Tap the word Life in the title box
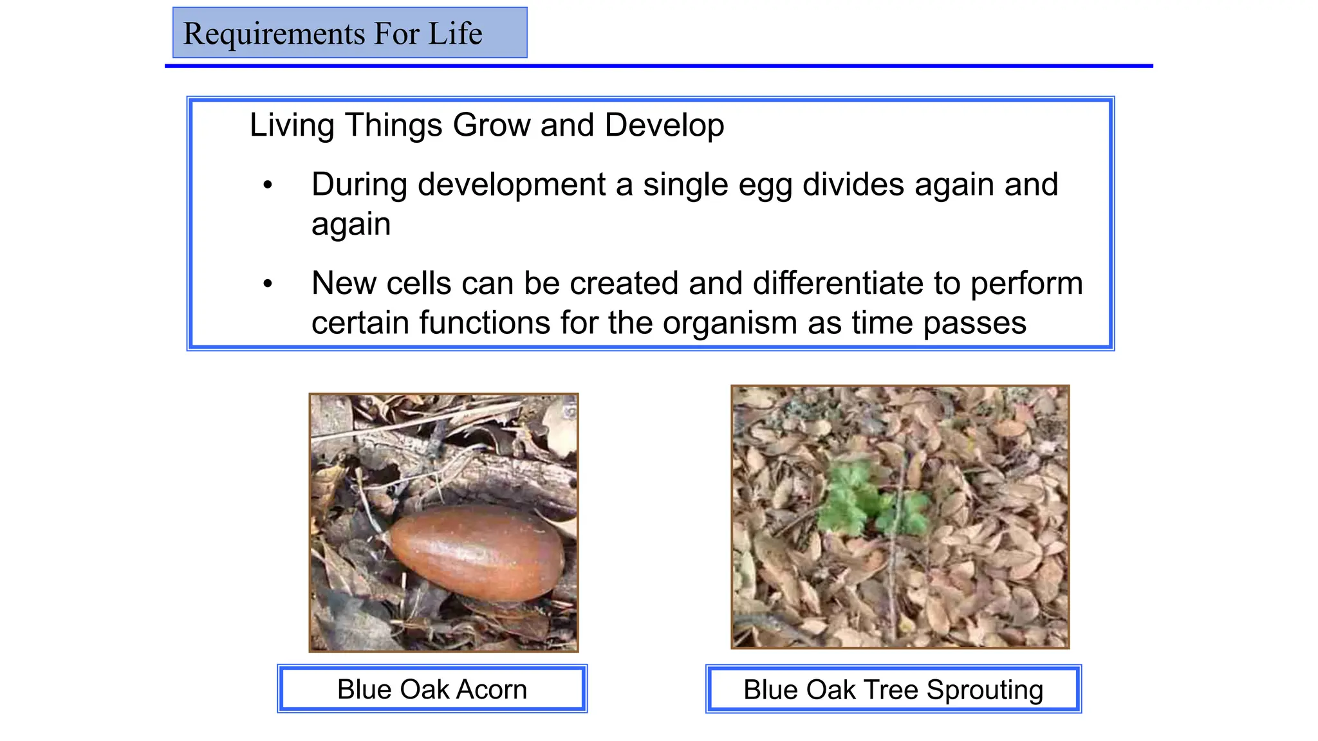click(x=455, y=33)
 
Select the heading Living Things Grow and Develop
click(x=487, y=125)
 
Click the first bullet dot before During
click(x=268, y=186)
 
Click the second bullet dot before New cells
click(x=268, y=284)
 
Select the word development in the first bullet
click(x=512, y=185)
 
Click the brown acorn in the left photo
click(x=477, y=552)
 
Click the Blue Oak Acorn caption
click(x=432, y=689)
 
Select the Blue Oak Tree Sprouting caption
click(x=893, y=690)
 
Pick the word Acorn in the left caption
click(x=492, y=689)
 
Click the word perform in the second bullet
click(x=1026, y=284)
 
